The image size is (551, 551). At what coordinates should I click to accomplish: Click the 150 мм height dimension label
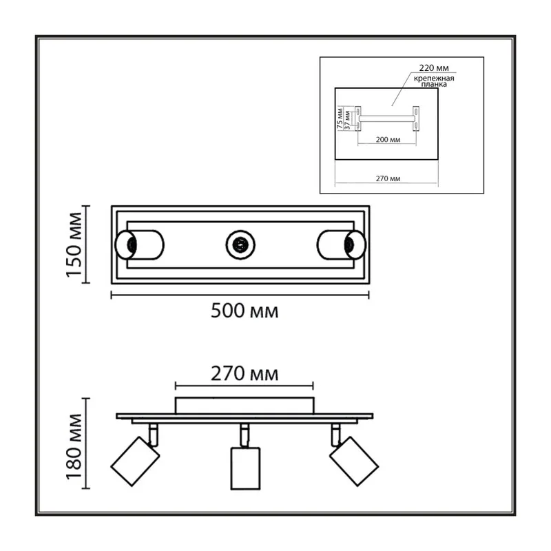point(74,245)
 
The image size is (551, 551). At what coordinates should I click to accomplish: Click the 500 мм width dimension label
point(245,311)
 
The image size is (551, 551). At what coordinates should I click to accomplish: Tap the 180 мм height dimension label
point(74,446)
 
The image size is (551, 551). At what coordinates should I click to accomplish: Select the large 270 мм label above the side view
point(245,373)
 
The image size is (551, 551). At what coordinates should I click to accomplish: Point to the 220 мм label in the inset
point(434,67)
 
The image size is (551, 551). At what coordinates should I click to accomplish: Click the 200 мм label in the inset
point(388,140)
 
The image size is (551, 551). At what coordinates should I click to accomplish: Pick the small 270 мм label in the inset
point(388,178)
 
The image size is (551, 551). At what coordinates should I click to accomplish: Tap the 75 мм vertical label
point(340,118)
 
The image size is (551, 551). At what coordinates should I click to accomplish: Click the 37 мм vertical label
point(347,120)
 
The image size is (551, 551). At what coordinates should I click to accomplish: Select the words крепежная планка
point(434,81)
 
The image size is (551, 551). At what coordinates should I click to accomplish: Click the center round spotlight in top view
point(240,245)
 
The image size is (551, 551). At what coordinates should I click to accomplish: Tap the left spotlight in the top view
point(139,245)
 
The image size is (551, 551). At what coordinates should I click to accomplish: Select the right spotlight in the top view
point(341,245)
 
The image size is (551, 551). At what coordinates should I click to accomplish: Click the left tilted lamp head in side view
point(135,461)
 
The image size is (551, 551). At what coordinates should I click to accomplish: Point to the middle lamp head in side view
point(245,468)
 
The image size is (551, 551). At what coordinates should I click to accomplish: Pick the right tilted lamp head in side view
point(354,461)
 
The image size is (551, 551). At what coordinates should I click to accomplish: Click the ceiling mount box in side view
point(245,406)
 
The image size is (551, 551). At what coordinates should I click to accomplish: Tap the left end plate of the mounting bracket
point(357,118)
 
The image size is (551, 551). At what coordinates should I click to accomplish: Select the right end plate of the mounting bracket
point(416,118)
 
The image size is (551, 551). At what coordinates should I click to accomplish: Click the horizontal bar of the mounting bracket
point(386,118)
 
